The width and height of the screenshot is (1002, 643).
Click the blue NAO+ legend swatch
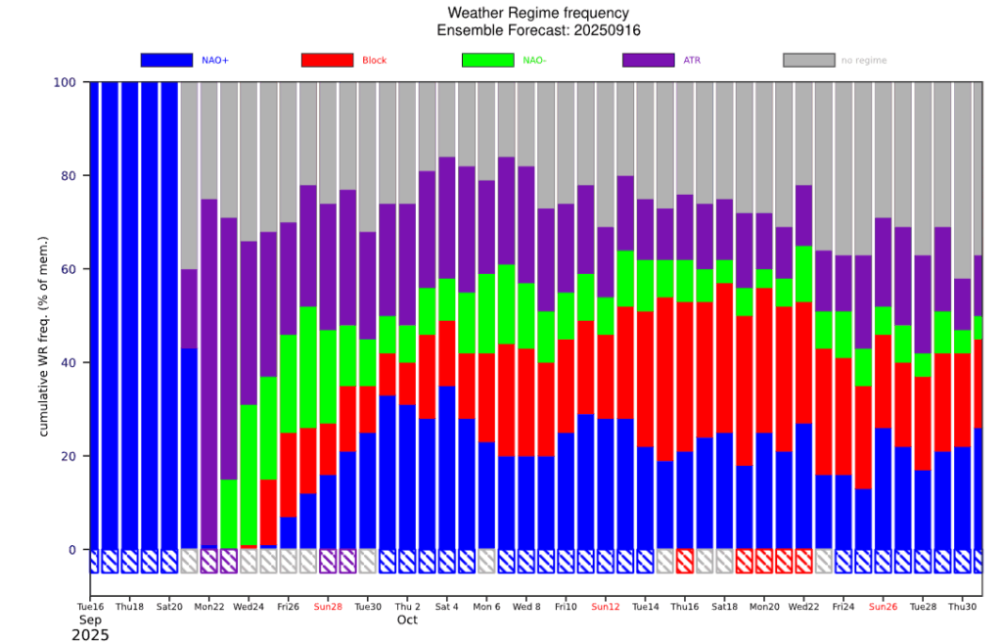166,60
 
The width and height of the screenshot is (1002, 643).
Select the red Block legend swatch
327,60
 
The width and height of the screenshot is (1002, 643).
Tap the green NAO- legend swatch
487,60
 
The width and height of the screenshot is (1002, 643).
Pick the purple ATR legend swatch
648,60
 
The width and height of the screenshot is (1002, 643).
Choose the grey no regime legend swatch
808,60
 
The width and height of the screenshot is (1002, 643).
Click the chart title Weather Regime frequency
538,13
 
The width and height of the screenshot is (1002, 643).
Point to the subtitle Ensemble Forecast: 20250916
538,30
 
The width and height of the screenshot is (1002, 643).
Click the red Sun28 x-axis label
329,607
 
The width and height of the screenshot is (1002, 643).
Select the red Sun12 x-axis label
606,607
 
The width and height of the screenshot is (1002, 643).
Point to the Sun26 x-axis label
883,607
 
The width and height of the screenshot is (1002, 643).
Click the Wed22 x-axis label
803,607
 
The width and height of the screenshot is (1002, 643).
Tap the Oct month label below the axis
407,620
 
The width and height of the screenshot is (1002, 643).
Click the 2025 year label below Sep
90,635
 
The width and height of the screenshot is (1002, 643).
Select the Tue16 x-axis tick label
90,607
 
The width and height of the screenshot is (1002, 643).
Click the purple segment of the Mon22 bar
209,372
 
